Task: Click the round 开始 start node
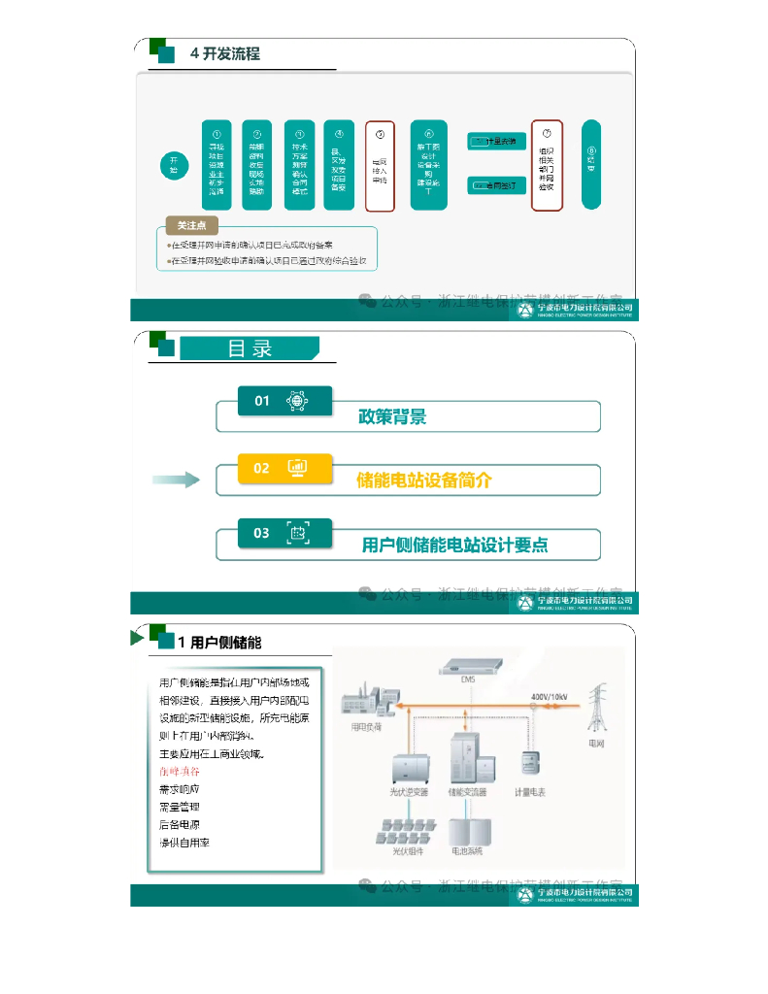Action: [x=174, y=165]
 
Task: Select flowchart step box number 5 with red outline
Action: [x=380, y=166]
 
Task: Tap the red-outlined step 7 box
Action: [x=547, y=165]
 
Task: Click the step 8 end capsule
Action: [x=591, y=164]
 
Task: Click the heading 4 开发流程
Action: [x=224, y=54]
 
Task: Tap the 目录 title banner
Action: [x=250, y=348]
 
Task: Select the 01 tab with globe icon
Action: [x=285, y=400]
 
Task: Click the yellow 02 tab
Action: [x=285, y=467]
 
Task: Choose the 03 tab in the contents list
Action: [x=285, y=532]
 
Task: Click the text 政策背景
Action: [x=392, y=417]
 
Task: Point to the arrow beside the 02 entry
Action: [x=176, y=479]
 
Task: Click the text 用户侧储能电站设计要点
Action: [x=454, y=546]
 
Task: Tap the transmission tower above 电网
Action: [x=597, y=710]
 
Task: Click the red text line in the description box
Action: [x=180, y=771]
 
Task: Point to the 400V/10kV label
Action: [x=550, y=696]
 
